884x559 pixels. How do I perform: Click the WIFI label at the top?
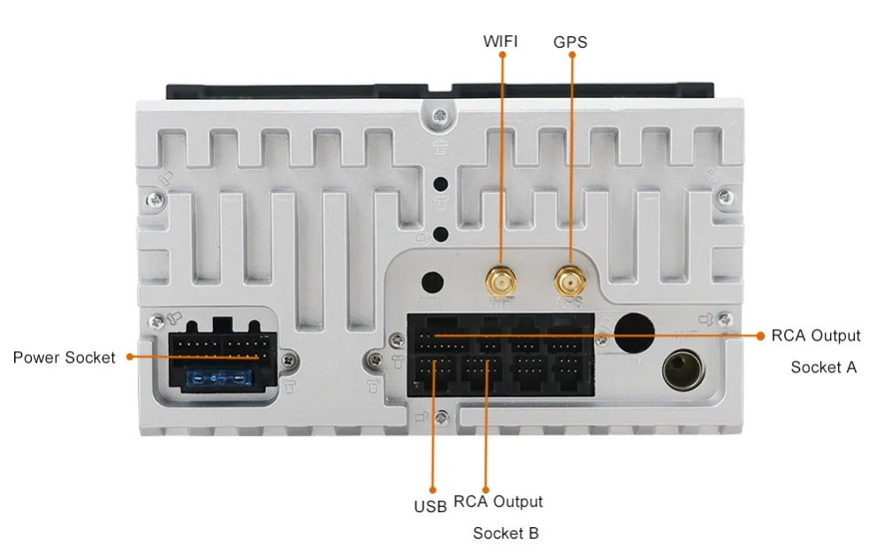point(500,41)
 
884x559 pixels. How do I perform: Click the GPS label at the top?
point(570,42)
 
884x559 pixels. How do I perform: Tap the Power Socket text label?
point(64,357)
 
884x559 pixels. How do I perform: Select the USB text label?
point(431,508)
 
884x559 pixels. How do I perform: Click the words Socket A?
point(823,367)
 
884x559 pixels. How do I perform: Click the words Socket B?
point(506,533)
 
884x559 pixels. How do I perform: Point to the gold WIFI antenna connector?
point(501,281)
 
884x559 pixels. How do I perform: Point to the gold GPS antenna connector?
point(568,281)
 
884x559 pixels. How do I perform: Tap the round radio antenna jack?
point(682,371)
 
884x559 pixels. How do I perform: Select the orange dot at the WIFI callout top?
point(501,55)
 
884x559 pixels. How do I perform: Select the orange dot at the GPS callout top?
point(571,55)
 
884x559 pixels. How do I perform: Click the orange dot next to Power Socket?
point(129,357)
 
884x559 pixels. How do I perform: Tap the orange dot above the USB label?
point(431,488)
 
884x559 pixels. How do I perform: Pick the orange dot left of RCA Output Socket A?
point(759,335)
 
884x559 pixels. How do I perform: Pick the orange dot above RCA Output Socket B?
point(485,488)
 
